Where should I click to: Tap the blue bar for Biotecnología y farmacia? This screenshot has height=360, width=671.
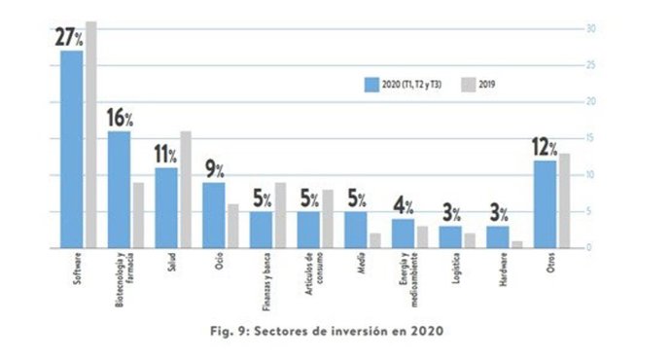pos(119,189)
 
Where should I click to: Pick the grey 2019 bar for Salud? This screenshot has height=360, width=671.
pos(185,189)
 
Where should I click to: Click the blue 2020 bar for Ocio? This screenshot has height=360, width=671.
pos(213,214)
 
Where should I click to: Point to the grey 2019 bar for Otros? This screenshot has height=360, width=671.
pos(564,199)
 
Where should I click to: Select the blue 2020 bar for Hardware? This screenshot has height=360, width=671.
pos(497,236)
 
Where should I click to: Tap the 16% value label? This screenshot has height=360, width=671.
pos(120,118)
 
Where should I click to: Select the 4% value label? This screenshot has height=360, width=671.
pos(403,206)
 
